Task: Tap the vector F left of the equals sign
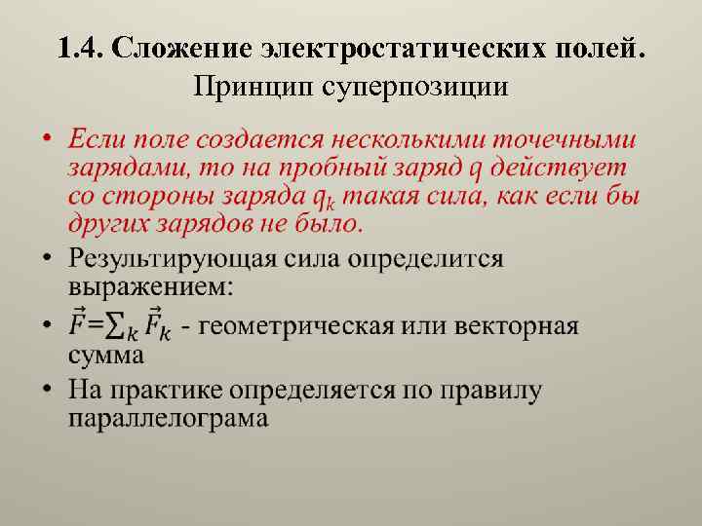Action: coord(79,324)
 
